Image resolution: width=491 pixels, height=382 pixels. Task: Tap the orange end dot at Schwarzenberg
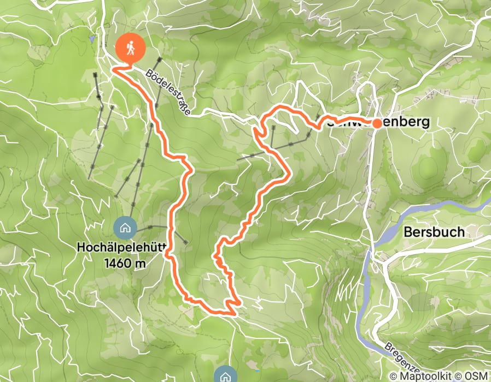pos(377,123)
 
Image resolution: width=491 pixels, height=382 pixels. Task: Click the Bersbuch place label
pos(434,231)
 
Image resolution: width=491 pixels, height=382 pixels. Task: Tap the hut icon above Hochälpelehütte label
pos(125,227)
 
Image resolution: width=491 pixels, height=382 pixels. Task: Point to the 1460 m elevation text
pos(124,264)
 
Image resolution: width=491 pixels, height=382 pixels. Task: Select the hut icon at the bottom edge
pos(225,375)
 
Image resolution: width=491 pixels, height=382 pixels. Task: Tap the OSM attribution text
pos(477,375)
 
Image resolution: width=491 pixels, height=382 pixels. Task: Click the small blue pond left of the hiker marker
pos(92,39)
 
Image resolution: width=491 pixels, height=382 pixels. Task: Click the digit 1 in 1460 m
pos(106,264)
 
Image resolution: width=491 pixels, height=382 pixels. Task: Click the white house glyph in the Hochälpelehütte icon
pos(125,227)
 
